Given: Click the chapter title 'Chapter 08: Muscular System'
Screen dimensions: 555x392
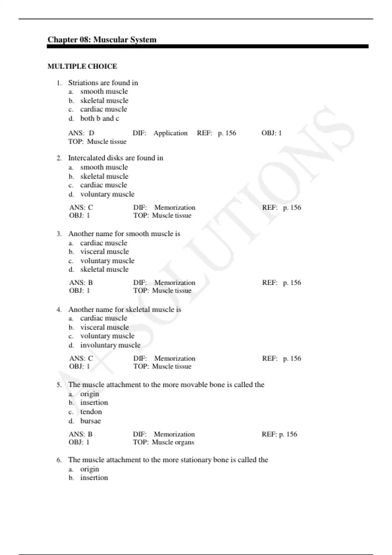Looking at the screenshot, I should (102, 40).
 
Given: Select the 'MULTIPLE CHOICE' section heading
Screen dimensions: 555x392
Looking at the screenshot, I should (82, 66).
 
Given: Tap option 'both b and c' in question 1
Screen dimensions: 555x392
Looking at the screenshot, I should (100, 119).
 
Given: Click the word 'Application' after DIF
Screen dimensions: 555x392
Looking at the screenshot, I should (171, 133).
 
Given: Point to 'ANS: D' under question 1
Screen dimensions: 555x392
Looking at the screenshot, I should (81, 133).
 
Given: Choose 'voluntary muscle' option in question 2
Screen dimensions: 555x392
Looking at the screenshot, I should (107, 194).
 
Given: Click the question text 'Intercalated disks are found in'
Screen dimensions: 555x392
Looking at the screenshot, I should (115, 158).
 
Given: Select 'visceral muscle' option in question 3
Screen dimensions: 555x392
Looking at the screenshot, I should (105, 252).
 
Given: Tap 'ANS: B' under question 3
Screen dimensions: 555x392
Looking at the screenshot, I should (81, 283).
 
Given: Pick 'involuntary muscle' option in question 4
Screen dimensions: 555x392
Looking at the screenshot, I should (110, 345).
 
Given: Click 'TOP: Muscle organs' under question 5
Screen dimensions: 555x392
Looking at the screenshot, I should (163, 442).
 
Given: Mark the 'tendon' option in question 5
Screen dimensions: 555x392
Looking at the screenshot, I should (91, 412).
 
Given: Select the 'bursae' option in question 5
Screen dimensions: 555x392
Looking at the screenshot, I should (90, 421).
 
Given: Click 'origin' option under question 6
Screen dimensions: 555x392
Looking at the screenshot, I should (90, 469).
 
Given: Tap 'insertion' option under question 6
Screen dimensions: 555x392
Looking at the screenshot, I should (94, 478).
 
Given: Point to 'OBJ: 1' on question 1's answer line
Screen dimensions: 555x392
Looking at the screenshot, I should (271, 133).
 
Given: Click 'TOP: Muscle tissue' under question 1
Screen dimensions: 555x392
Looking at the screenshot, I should (97, 142).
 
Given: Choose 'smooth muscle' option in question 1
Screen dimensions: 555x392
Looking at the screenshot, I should (104, 91).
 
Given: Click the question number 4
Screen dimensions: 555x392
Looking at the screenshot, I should (59, 309).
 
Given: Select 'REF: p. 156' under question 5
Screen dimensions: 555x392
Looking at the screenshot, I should (279, 434).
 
